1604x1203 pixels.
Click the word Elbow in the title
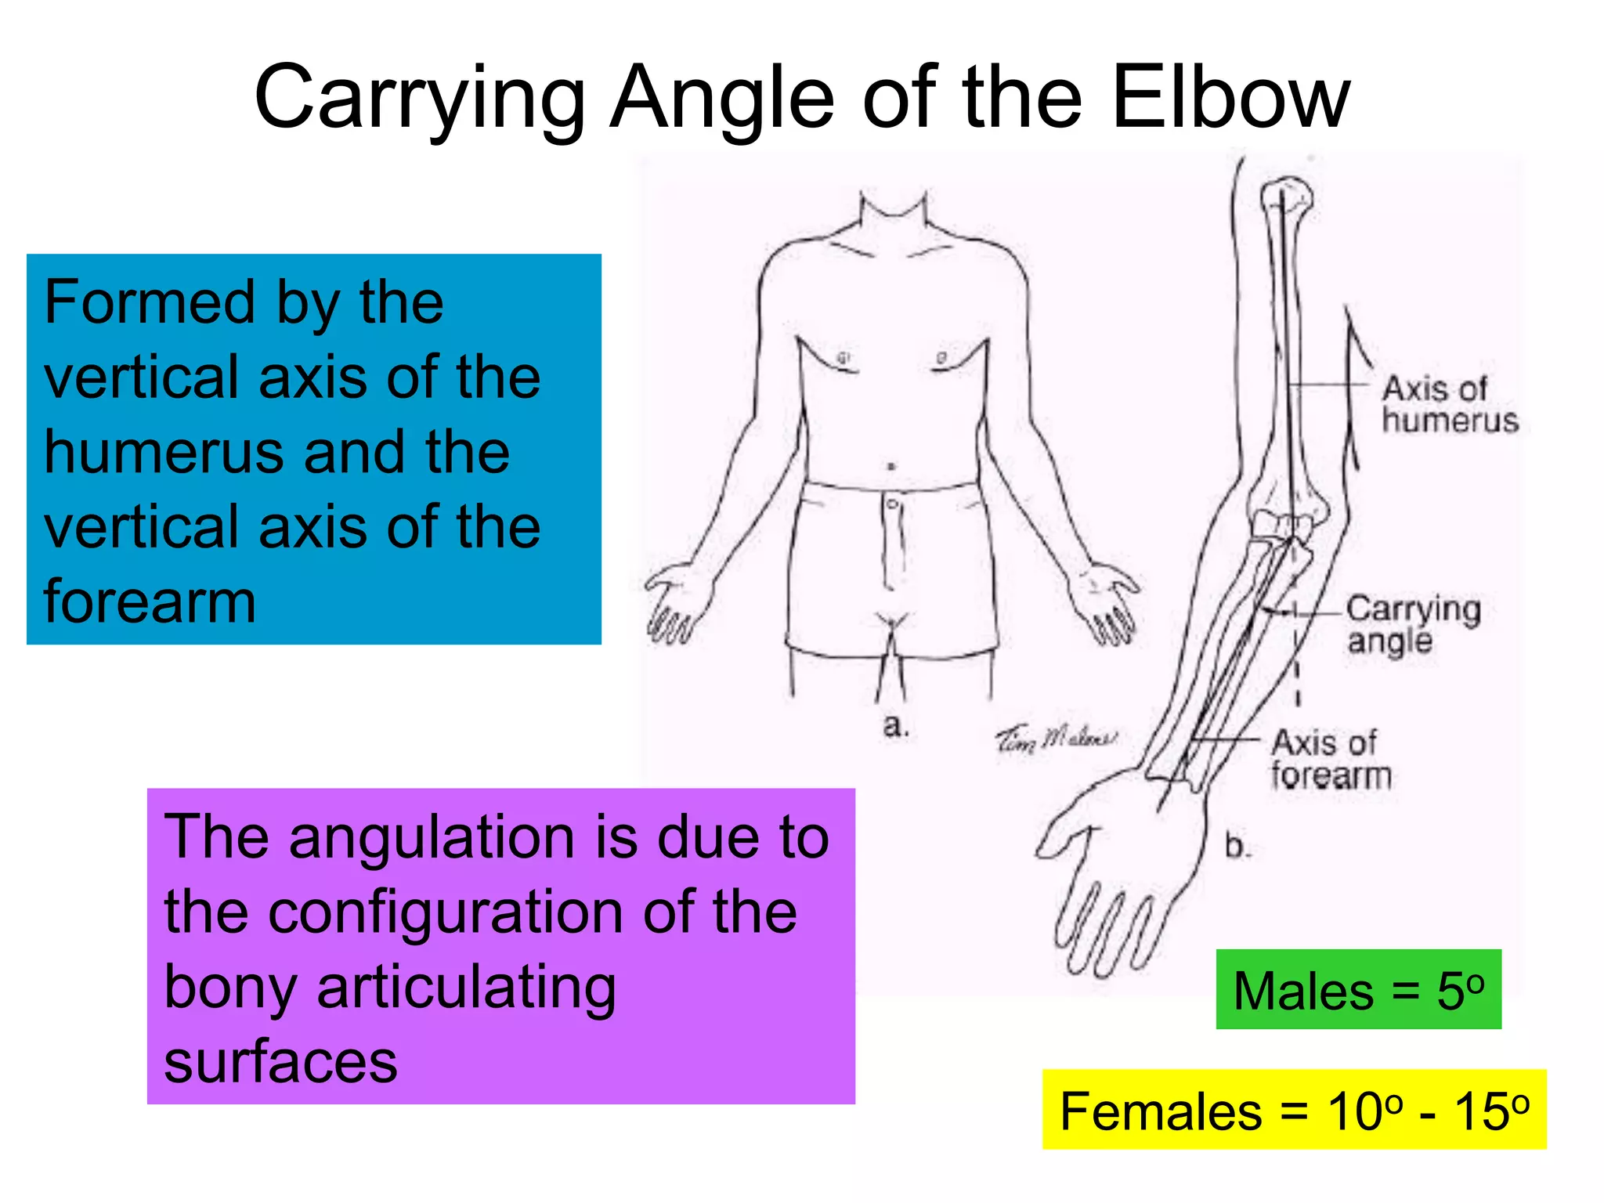pyautogui.click(x=1231, y=98)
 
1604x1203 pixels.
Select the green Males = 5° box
pyautogui.click(x=1358, y=989)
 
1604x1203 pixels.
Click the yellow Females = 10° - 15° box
pyautogui.click(x=1294, y=1110)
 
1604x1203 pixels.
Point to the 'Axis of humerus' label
pyautogui.click(x=1449, y=404)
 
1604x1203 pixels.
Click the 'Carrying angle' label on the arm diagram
pyautogui.click(x=1413, y=624)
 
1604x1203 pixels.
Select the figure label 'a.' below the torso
pyautogui.click(x=895, y=725)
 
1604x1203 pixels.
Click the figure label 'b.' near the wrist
pyautogui.click(x=1237, y=846)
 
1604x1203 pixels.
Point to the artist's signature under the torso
pyautogui.click(x=1056, y=738)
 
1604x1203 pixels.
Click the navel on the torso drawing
pyautogui.click(x=891, y=467)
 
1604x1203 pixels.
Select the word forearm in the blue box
pyautogui.click(x=150, y=601)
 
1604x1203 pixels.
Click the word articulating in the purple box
pyautogui.click(x=466, y=987)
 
